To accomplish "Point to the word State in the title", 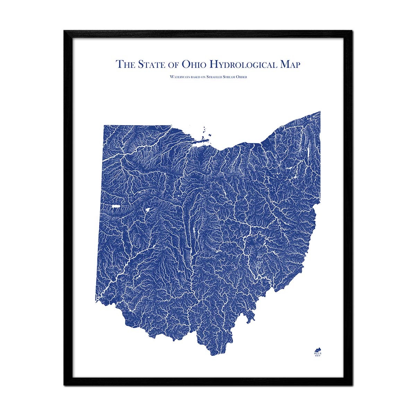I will pyautogui.click(x=150, y=64).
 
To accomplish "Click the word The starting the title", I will pyautogui.click(x=125, y=64).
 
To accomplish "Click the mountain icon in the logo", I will pyautogui.click(x=317, y=349).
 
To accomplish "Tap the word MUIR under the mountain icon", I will pyautogui.click(x=317, y=353).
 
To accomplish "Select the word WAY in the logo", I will pyautogui.click(x=317, y=356).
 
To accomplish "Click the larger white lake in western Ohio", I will pyautogui.click(x=116, y=207).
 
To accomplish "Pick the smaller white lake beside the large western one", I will pyautogui.click(x=146, y=210).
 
